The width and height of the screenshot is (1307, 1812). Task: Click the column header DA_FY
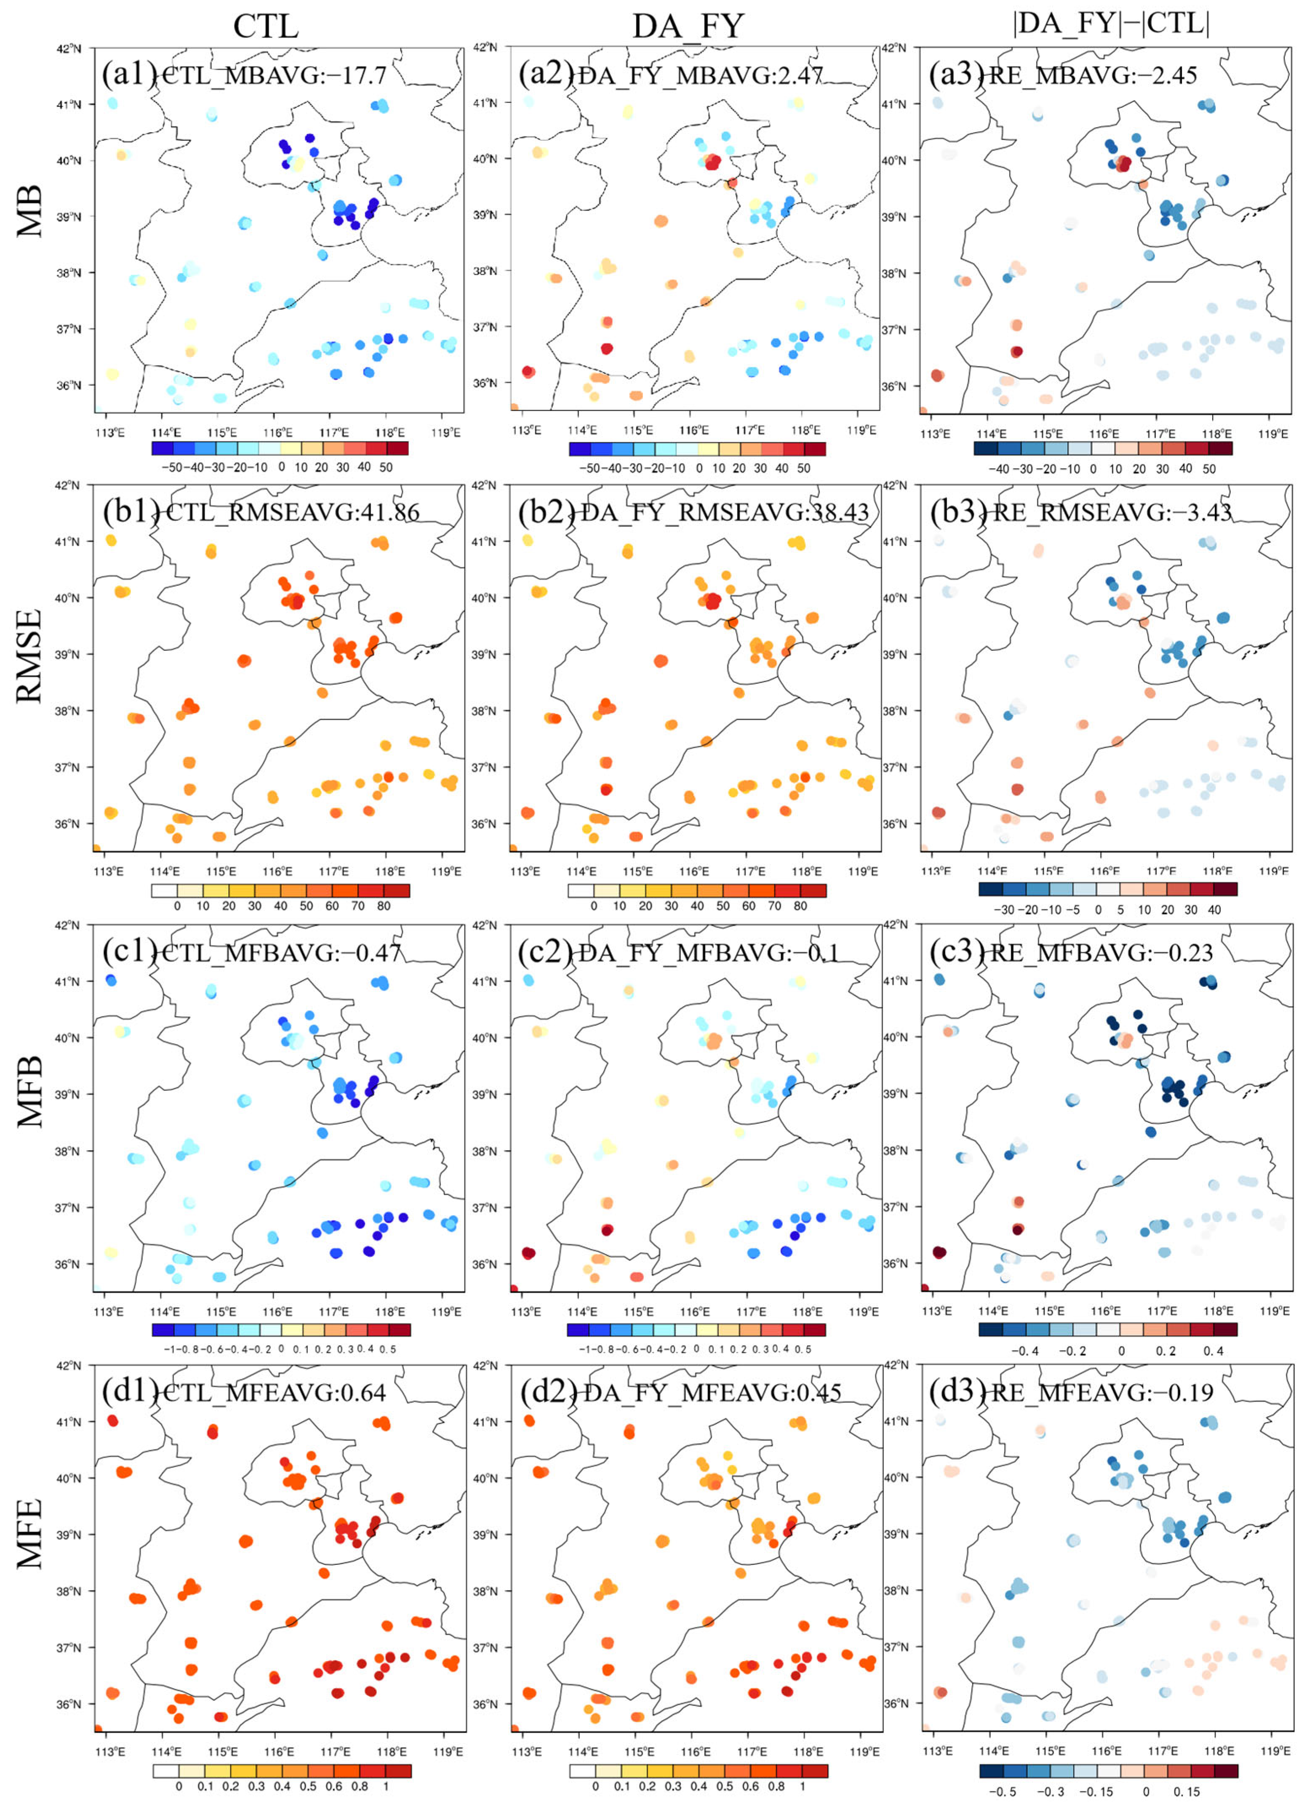pos(688,27)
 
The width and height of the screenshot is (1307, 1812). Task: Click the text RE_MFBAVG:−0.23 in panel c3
pos(1101,952)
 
